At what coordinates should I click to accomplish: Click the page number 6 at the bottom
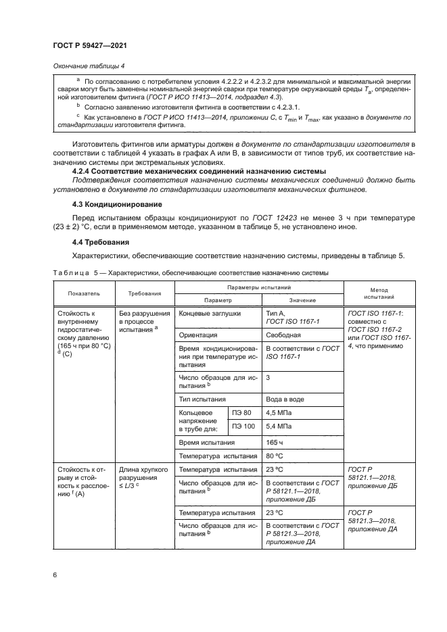(55, 575)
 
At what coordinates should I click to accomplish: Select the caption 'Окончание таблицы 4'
(89, 66)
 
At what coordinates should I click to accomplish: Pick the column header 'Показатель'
(83, 294)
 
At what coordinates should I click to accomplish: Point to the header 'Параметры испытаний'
(260, 288)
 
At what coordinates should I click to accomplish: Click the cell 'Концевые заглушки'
(210, 314)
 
